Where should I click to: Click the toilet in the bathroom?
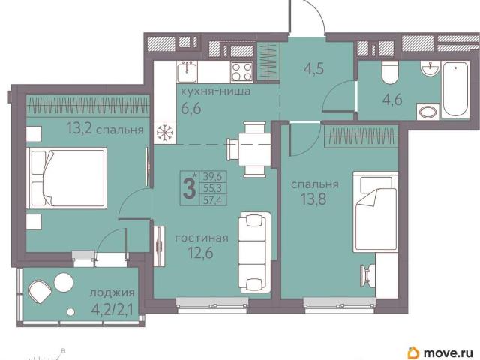point(390,73)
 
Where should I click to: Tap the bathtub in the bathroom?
point(455,88)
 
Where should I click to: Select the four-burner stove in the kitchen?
point(241,72)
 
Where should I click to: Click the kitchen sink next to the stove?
point(187,71)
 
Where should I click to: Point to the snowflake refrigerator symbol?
point(165,133)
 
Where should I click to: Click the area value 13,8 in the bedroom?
point(313,199)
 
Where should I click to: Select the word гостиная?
point(202,238)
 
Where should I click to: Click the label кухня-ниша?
point(215,91)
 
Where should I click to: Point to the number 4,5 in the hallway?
point(313,69)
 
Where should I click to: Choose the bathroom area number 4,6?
point(392,100)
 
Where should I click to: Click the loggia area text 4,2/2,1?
point(112,310)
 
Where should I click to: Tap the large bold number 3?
point(189,189)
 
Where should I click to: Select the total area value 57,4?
point(212,200)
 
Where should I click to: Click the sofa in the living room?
point(255,252)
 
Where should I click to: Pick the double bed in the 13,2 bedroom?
point(67,178)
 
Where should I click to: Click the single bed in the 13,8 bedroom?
point(376,211)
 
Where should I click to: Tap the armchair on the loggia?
point(40,291)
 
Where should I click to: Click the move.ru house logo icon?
point(413,352)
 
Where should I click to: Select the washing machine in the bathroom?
point(427,112)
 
